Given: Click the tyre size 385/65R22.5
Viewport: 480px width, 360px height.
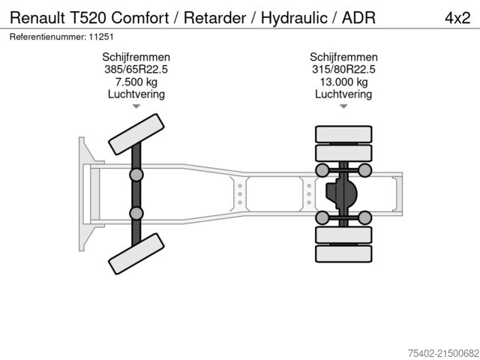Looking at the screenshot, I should pyautogui.click(x=136, y=70).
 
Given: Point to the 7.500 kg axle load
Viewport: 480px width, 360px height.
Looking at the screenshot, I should pyautogui.click(x=136, y=82).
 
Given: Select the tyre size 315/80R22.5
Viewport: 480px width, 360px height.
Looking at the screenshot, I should pyautogui.click(x=343, y=70).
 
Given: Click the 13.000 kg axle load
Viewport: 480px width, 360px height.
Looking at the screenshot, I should pyautogui.click(x=343, y=82).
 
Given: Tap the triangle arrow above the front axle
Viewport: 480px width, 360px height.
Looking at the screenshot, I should pyautogui.click(x=136, y=106).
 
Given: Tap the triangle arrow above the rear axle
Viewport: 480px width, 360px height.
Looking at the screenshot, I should pyautogui.click(x=343, y=106).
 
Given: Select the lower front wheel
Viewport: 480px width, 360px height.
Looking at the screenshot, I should pyautogui.click(x=136, y=252).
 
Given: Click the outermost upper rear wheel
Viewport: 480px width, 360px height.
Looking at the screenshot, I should pyautogui.click(x=343, y=134).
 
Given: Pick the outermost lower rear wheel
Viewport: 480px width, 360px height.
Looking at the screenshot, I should pyautogui.click(x=343, y=253).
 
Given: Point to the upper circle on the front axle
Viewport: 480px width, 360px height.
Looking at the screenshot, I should pyautogui.click(x=136, y=174).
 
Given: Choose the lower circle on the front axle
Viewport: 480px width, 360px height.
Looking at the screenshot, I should pyautogui.click(x=136, y=213).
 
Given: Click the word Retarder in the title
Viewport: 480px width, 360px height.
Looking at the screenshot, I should pyautogui.click(x=211, y=16).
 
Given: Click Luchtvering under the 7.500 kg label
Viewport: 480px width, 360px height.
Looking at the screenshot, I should pyautogui.click(x=136, y=94).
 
